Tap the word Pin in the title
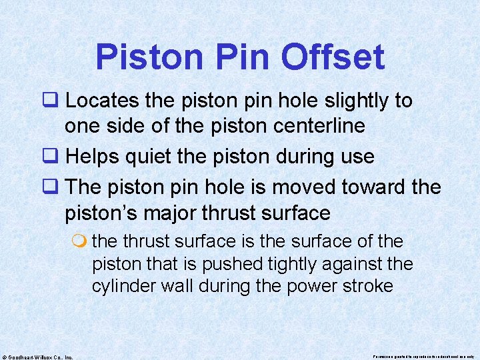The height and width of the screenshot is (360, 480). coord(239,57)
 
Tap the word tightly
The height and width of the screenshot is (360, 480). coord(298,264)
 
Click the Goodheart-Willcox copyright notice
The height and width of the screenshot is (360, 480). coord(37,356)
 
